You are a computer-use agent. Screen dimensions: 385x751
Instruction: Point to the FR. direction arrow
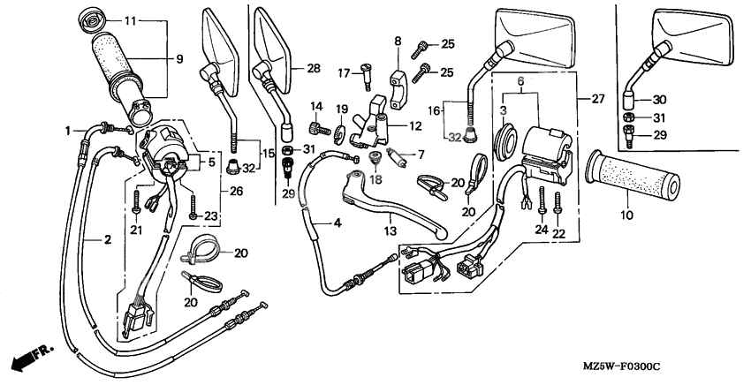(x=28, y=359)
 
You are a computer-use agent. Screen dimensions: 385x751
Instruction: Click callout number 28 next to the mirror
(x=313, y=68)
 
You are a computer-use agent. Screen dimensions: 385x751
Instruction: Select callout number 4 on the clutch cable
(x=338, y=223)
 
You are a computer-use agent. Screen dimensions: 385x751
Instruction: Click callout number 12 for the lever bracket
(x=415, y=126)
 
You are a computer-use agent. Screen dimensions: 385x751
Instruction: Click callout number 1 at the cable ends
(x=67, y=131)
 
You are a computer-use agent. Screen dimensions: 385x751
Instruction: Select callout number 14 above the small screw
(x=315, y=106)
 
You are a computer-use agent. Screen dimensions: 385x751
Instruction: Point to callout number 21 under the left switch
(x=136, y=230)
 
